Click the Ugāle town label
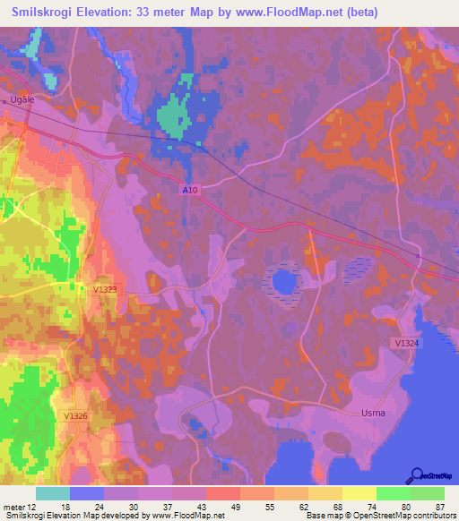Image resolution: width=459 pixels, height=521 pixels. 22,99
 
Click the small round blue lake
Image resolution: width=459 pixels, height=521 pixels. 283,283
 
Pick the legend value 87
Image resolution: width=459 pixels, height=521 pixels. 438,506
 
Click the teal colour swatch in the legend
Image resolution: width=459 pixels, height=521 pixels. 53,493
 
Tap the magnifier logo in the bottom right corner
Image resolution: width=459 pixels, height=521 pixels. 416,474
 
